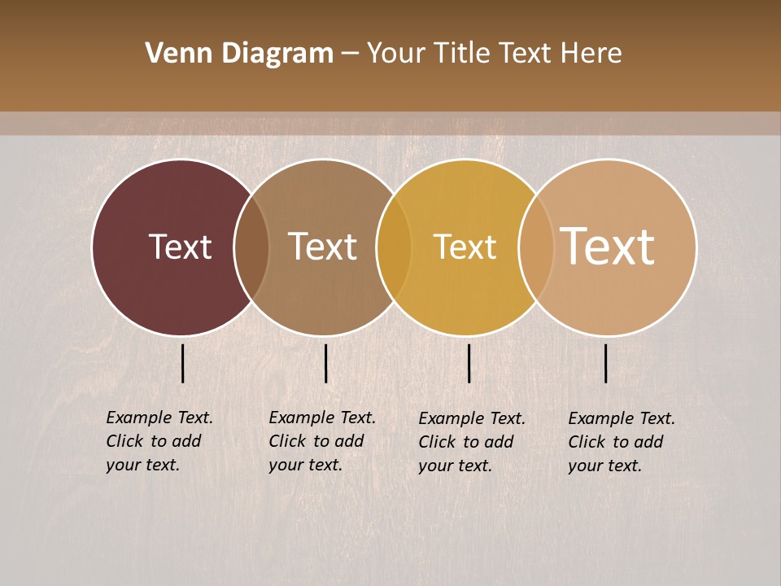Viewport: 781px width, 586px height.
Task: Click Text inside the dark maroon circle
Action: tap(180, 247)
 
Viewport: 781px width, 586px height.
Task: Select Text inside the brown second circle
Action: tap(323, 247)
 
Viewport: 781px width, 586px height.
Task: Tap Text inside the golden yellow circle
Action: tap(465, 247)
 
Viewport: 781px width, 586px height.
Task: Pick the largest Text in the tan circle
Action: tap(608, 246)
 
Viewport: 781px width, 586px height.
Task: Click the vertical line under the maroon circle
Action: tap(182, 363)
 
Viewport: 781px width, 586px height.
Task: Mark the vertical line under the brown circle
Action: tap(325, 363)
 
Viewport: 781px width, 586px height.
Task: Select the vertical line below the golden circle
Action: tap(469, 363)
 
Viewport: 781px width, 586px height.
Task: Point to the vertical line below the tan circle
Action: tap(605, 363)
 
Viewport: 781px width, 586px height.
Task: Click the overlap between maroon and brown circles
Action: tap(251, 247)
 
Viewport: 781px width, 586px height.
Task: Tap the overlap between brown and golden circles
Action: tap(394, 247)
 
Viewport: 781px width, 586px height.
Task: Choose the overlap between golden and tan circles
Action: tap(536, 247)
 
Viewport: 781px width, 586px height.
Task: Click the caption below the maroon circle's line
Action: tap(159, 441)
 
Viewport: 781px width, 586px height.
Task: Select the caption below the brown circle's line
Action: tap(321, 441)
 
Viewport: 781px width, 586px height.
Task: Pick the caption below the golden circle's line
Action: tap(471, 442)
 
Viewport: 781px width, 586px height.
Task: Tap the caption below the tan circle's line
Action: tap(621, 442)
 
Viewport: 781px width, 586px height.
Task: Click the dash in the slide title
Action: tap(350, 54)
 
